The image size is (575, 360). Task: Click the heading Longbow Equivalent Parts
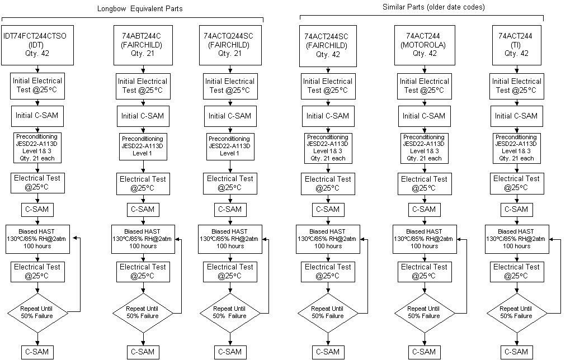click(x=140, y=8)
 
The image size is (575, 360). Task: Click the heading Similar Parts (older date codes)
click(x=433, y=7)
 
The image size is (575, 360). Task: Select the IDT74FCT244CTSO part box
click(x=37, y=45)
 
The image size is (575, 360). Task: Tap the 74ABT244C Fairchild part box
click(x=143, y=45)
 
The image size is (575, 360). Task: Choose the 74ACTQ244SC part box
click(x=230, y=45)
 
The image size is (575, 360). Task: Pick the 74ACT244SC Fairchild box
click(x=328, y=46)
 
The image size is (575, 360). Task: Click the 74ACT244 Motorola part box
click(x=425, y=45)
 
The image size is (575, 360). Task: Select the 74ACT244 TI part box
click(x=516, y=45)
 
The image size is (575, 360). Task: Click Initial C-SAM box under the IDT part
click(x=37, y=116)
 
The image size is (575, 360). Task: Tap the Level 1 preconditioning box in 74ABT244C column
click(x=143, y=146)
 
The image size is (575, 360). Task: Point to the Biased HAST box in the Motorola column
click(x=425, y=239)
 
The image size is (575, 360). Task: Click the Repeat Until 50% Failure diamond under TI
click(x=517, y=313)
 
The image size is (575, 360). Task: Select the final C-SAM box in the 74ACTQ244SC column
click(x=230, y=352)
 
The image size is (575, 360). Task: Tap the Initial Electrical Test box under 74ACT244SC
click(x=328, y=86)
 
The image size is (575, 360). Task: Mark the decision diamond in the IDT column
click(x=37, y=313)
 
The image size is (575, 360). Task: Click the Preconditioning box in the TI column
click(x=516, y=148)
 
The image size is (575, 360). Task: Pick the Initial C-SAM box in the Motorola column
click(x=425, y=116)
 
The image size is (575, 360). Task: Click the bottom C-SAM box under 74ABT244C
click(x=143, y=352)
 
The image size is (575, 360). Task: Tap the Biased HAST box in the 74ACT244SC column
click(x=328, y=239)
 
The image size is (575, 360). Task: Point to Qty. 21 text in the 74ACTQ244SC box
click(x=229, y=54)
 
